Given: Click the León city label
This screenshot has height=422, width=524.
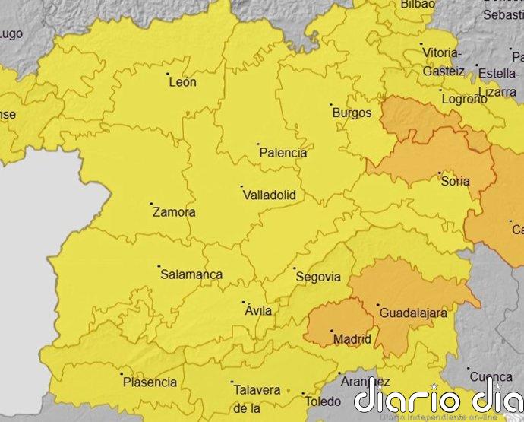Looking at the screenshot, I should (182, 82).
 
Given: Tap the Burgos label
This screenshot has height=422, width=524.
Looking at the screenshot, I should (352, 113).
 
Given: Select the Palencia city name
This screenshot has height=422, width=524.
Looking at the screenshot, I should (283, 153).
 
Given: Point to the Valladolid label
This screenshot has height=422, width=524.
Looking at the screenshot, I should (269, 195).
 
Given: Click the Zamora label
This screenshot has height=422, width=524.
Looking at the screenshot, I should (174, 213).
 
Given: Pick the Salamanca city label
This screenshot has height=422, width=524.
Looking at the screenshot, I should (191, 275).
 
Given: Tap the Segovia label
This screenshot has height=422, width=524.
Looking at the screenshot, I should (317, 278).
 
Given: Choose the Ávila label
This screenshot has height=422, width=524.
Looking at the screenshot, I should (258, 310).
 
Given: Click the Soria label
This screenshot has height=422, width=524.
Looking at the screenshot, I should (455, 182).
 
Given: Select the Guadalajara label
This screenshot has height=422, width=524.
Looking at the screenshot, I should (413, 313).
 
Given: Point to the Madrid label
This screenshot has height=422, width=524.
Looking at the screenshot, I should (353, 339).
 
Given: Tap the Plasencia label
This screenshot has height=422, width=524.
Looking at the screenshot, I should (150, 383).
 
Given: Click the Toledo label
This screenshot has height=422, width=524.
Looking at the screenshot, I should (322, 401).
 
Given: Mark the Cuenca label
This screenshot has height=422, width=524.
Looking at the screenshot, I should (491, 376).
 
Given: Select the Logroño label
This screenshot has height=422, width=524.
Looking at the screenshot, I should (463, 99).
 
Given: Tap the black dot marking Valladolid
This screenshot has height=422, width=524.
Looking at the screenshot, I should (241, 186).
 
